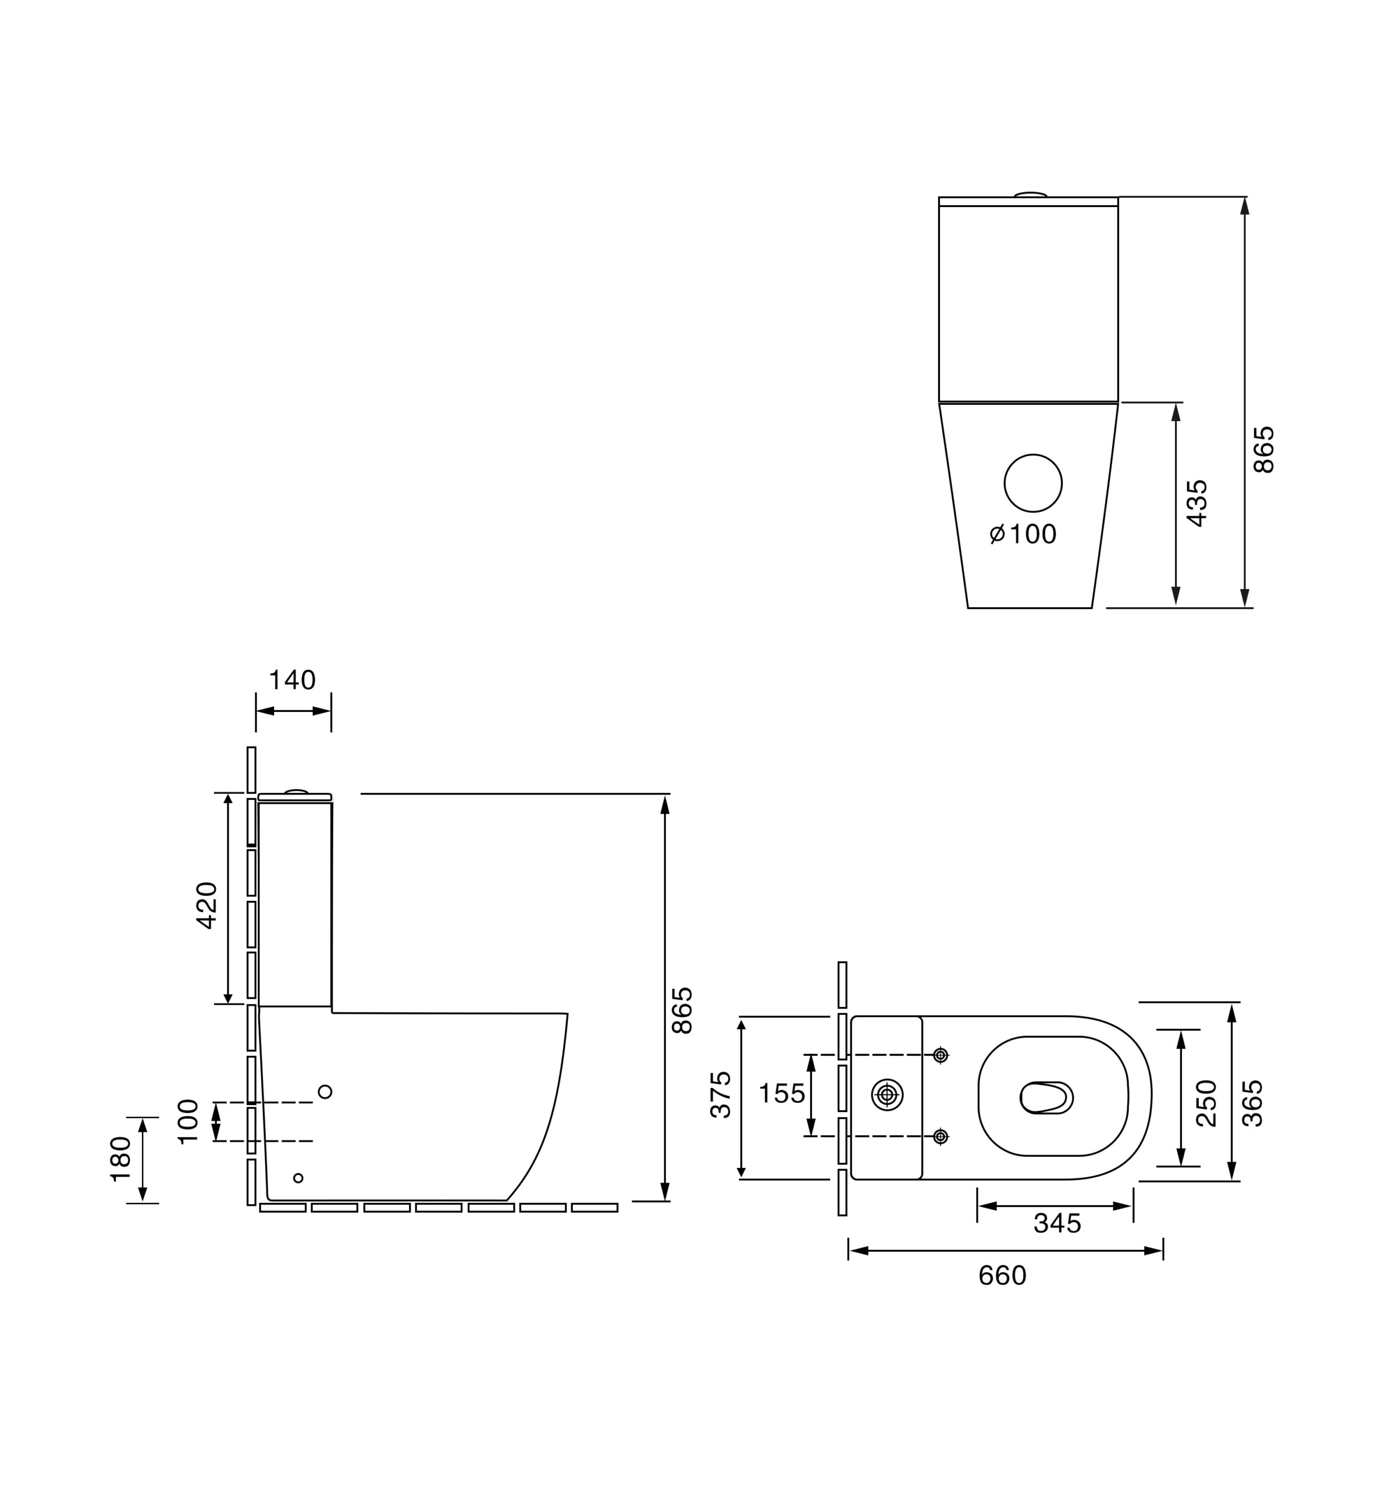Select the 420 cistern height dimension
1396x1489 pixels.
click(x=206, y=906)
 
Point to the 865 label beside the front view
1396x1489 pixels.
click(x=1264, y=450)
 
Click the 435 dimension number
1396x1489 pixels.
click(x=1198, y=503)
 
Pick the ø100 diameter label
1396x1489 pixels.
click(x=1023, y=534)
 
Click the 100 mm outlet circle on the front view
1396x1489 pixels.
click(x=1033, y=483)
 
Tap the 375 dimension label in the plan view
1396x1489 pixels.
click(x=721, y=1095)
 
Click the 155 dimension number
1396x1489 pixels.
click(x=782, y=1093)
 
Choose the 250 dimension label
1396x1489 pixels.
click(x=1206, y=1103)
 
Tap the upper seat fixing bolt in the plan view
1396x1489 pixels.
click(x=941, y=1055)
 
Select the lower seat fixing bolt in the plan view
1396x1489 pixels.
click(x=941, y=1137)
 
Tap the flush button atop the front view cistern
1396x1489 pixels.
click(x=1031, y=195)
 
